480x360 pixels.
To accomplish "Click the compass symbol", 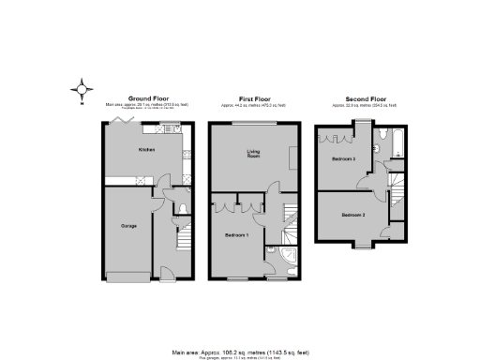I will point(82,90).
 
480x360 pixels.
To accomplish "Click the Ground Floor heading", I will point(147,97).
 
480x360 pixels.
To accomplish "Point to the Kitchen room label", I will point(147,150).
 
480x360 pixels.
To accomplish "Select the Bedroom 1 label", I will point(236,234).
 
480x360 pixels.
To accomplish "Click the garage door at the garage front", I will point(131,276).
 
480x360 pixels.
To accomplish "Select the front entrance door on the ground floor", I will point(170,276).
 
